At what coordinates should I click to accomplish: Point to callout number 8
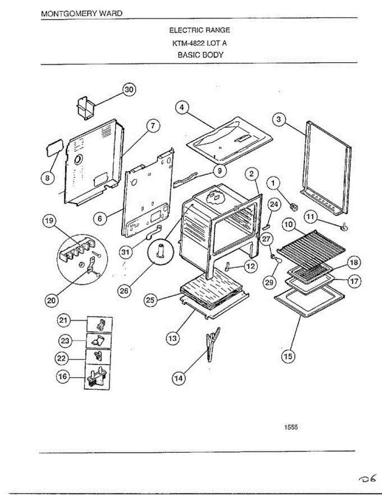pos(48,178)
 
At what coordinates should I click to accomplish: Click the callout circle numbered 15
pos(288,356)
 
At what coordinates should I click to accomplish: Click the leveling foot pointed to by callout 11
pos(343,226)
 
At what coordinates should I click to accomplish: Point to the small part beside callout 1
pos(294,205)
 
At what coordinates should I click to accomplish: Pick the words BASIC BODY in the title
pos(200,54)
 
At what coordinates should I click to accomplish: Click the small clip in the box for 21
pos(100,324)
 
